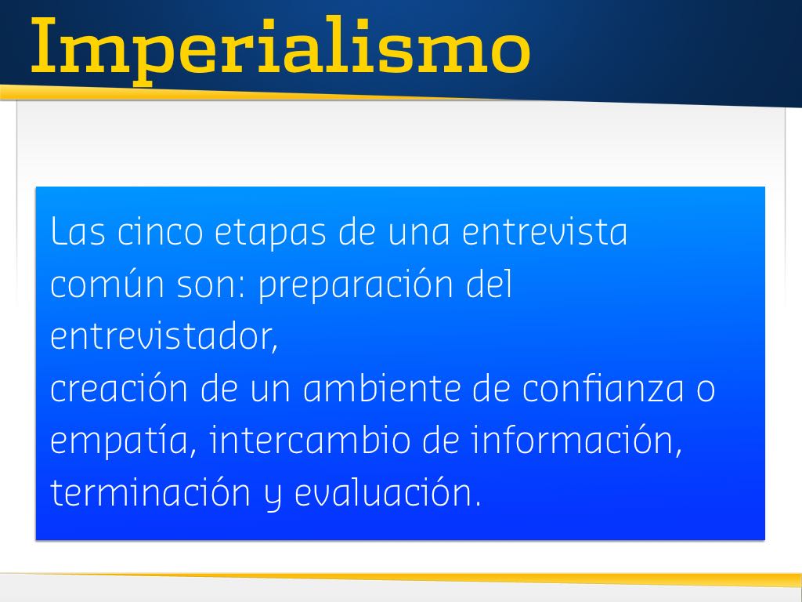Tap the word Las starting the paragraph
coord(78,232)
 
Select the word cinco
coord(160,232)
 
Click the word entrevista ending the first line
coord(544,232)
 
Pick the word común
coord(107,284)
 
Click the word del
coord(490,284)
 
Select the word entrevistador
coord(164,336)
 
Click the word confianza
coord(602,389)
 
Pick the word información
coord(577,441)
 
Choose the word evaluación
coord(388,492)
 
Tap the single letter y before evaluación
coord(273,497)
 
